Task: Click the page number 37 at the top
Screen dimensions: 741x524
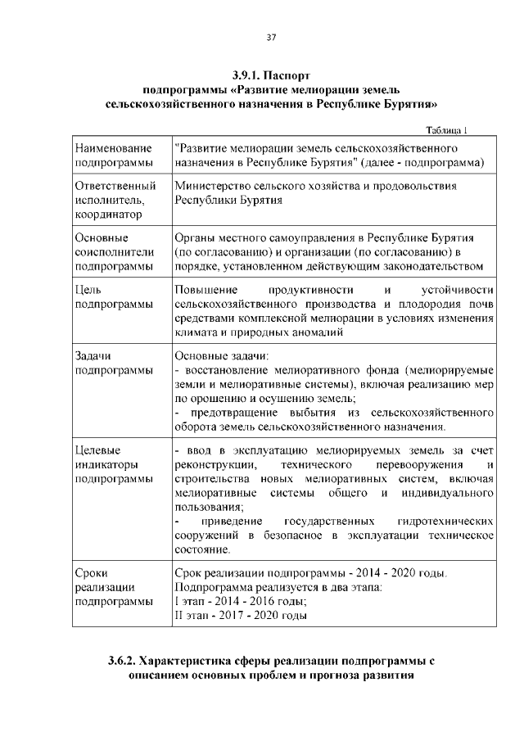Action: click(x=272, y=36)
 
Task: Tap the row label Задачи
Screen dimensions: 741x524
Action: click(x=93, y=356)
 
